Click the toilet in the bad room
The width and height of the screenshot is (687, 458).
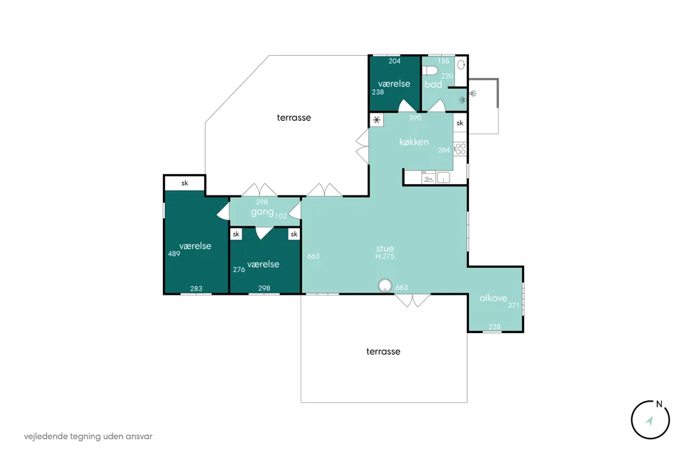(430, 71)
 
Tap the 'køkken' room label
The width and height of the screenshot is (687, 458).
(413, 142)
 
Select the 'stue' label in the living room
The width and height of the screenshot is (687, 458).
(384, 248)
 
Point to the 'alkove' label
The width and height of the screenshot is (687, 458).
(493, 298)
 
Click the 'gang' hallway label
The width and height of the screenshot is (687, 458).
(262, 212)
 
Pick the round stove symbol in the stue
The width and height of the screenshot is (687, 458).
(384, 285)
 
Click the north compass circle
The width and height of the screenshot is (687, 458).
(650, 420)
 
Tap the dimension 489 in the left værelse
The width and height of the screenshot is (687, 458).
(174, 254)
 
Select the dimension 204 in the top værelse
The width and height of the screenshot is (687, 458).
(394, 61)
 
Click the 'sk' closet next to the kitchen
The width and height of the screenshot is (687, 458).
(460, 123)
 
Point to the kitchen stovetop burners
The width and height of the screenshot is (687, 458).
(460, 149)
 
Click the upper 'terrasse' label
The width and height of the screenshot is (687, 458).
(294, 118)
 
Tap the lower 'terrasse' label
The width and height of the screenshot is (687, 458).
(383, 351)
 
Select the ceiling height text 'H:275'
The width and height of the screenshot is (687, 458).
(384, 257)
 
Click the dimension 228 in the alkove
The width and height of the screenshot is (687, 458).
(494, 326)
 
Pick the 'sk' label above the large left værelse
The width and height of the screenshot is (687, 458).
(184, 183)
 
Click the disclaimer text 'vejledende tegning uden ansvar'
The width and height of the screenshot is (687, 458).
(88, 437)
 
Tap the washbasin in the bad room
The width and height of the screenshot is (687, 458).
(461, 65)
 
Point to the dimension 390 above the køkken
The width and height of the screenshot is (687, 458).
(415, 118)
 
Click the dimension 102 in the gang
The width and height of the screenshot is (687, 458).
(281, 216)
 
